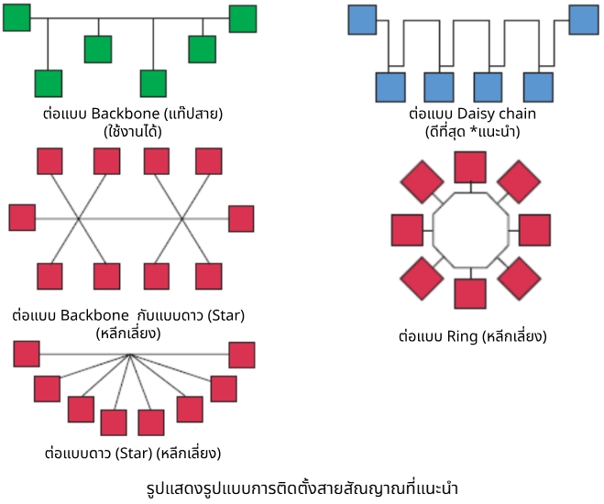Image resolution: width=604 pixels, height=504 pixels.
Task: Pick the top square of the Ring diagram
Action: click(x=470, y=167)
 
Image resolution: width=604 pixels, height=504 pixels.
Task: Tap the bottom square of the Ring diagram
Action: click(x=470, y=293)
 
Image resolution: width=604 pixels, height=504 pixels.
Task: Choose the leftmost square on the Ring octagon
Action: click(x=406, y=229)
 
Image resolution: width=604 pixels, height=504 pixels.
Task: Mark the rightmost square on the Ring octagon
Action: click(x=535, y=229)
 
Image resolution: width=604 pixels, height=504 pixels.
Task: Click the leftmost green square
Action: click(x=16, y=16)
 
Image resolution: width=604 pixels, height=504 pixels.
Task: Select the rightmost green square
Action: click(x=243, y=17)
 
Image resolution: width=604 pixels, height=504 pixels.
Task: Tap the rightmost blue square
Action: click(x=584, y=17)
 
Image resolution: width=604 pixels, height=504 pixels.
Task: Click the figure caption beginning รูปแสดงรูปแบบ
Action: click(x=302, y=486)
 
